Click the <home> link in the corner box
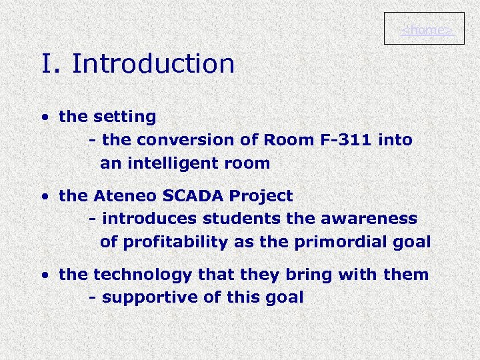(x=427, y=30)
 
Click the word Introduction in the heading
(x=153, y=64)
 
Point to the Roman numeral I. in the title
(x=51, y=64)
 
